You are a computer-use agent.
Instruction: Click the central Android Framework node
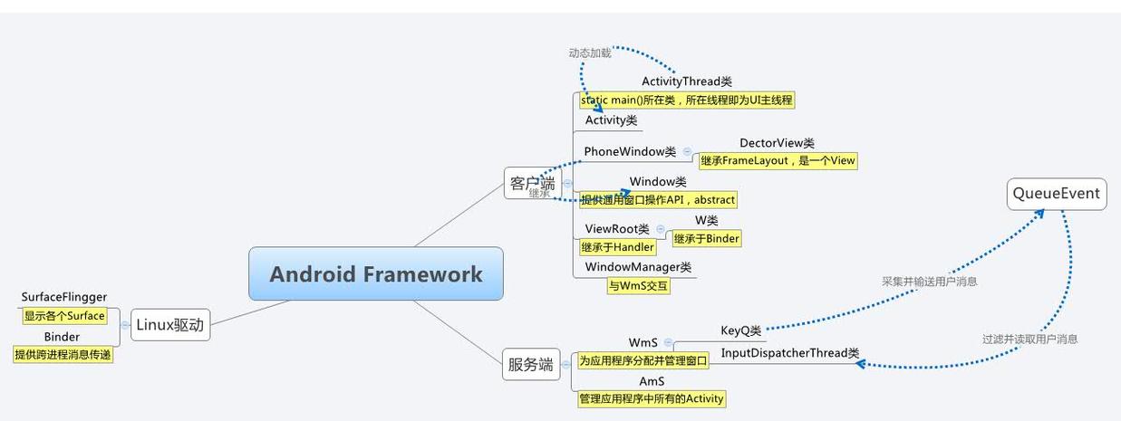click(375, 273)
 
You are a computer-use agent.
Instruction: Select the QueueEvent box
click(1057, 194)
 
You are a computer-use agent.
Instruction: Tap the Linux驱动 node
click(170, 325)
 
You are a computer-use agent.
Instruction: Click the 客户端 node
click(531, 184)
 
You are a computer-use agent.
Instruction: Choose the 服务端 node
click(530, 365)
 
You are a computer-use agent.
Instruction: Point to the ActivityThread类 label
click(686, 81)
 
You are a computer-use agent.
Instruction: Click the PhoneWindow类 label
click(630, 151)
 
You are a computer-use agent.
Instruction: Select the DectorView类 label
click(777, 143)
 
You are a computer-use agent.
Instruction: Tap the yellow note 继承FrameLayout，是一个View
click(778, 161)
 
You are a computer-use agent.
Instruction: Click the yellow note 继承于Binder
click(706, 239)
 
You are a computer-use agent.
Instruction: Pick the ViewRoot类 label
click(616, 229)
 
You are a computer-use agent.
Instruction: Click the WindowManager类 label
click(638, 267)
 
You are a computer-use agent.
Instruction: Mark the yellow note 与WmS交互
click(638, 286)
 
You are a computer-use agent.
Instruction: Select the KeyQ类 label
click(740, 330)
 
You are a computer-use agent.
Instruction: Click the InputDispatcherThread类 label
click(789, 353)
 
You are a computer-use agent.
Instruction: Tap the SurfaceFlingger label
click(64, 297)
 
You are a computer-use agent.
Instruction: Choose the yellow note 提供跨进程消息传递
click(63, 355)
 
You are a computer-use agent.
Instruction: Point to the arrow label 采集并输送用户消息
click(929, 282)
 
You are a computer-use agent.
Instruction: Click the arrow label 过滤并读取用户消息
click(1029, 339)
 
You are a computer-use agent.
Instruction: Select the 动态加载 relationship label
click(590, 53)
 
